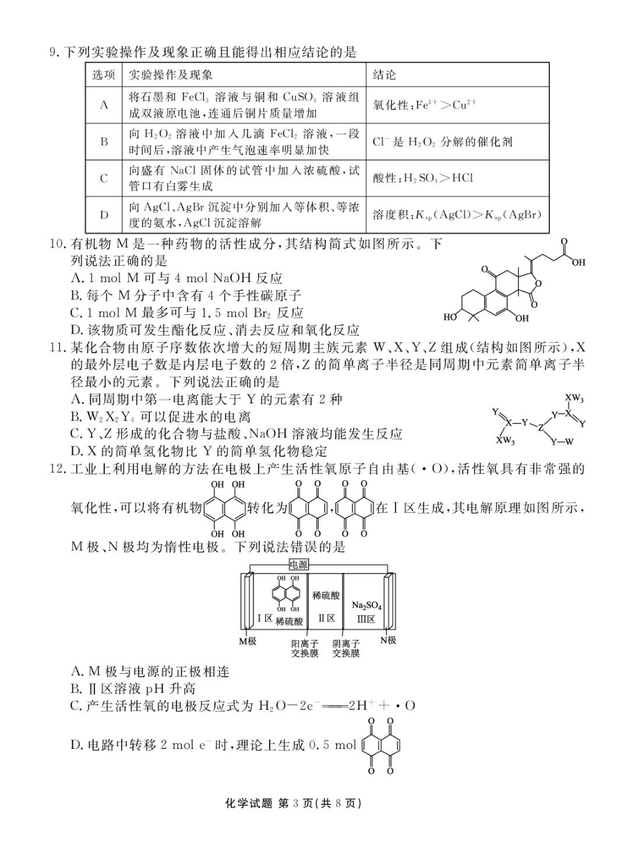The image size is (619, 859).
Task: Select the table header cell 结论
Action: click(x=384, y=75)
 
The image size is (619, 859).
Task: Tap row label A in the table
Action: click(x=104, y=105)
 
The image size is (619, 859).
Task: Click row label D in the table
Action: click(x=104, y=214)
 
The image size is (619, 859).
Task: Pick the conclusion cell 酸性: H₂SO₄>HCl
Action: click(x=423, y=178)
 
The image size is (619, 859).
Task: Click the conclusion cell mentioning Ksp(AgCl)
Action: click(x=456, y=214)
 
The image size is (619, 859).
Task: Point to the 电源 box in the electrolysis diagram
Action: click(x=299, y=564)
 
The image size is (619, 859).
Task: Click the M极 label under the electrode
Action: click(x=247, y=641)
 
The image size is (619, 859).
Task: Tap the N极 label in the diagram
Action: click(x=388, y=640)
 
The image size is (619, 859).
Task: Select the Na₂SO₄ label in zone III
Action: click(x=366, y=605)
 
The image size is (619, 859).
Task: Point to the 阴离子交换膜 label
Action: click(x=345, y=648)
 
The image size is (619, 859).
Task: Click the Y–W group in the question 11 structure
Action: click(x=562, y=442)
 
